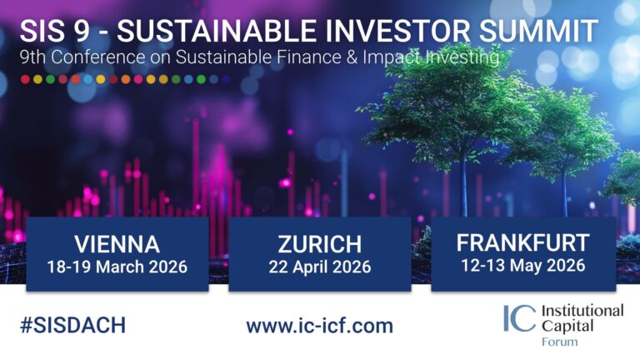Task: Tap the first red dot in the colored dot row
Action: (x=25, y=79)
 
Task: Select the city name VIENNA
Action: (x=117, y=244)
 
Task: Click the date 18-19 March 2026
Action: (x=117, y=267)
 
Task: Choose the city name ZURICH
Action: (x=319, y=244)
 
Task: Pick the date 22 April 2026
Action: (x=319, y=267)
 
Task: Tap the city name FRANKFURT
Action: (x=522, y=243)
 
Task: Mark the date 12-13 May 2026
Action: (x=522, y=267)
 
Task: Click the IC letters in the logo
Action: (x=519, y=319)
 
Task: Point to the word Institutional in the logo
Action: (x=582, y=310)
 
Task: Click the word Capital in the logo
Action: (x=566, y=326)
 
